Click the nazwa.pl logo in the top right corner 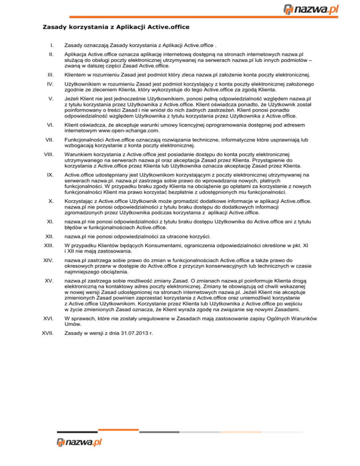pos(318,9)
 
